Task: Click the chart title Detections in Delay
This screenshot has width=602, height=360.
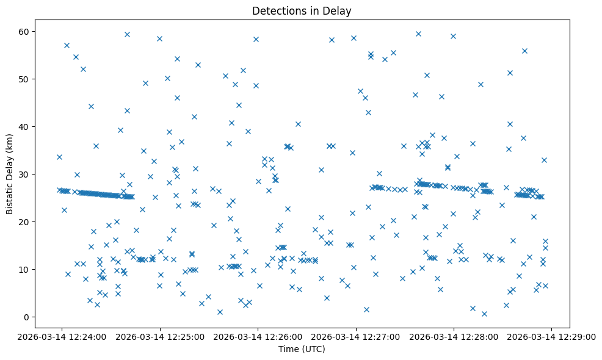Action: pos(302,11)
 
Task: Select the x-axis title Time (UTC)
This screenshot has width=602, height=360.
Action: pos(302,349)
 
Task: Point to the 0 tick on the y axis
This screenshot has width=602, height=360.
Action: pos(27,317)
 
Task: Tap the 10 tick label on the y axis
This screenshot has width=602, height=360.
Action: pos(24,269)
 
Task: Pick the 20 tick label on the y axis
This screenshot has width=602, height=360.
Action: pos(24,221)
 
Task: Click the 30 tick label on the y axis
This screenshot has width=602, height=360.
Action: pos(24,174)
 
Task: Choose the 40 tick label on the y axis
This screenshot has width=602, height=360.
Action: pos(24,126)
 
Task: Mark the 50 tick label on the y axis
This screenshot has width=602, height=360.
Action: pos(24,79)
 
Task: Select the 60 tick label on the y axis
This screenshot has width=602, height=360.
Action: pos(24,32)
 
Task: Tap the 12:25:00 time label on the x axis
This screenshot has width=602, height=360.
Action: pos(160,336)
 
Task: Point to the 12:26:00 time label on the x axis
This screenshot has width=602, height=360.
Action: pos(258,336)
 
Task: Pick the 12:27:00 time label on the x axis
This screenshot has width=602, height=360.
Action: pos(356,336)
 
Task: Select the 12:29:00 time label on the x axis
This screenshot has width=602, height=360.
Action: pos(552,336)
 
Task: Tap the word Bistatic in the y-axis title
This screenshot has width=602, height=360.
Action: pos(10,196)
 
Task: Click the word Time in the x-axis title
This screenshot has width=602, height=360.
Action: pos(288,349)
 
